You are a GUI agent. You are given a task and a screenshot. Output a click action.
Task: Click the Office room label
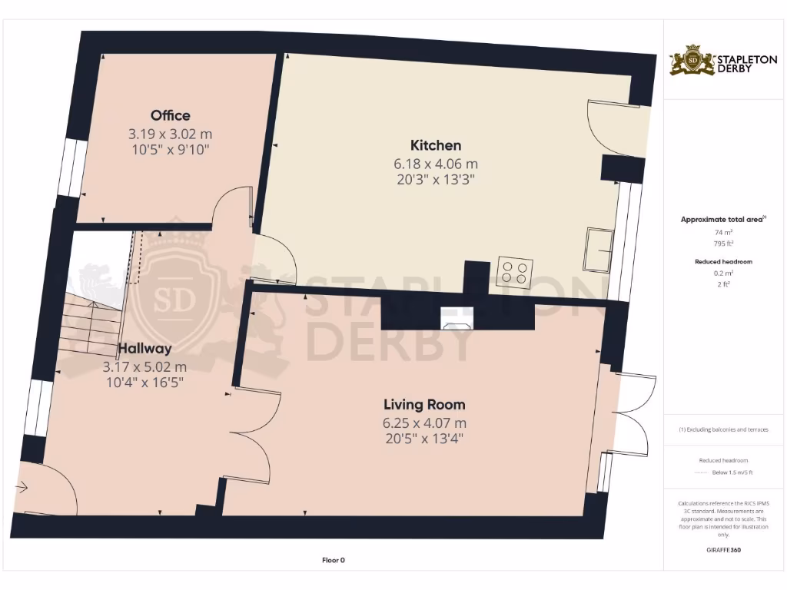click(x=170, y=115)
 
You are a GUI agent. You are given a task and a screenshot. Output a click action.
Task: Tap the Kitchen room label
click(x=436, y=145)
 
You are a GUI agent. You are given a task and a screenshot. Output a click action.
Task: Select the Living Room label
click(x=424, y=404)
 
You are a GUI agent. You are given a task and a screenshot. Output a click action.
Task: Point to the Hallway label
click(x=144, y=349)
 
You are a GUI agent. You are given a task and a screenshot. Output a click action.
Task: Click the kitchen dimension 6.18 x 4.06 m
click(x=436, y=164)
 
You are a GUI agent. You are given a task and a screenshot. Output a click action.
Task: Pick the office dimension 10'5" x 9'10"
click(x=170, y=149)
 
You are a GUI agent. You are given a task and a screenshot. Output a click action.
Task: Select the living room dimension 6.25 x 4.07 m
click(x=424, y=423)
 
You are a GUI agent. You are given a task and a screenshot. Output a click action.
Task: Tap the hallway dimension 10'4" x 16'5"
click(x=144, y=382)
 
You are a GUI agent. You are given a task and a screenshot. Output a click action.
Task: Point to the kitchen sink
click(x=597, y=250)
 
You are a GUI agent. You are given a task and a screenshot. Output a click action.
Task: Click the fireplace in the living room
click(x=457, y=318)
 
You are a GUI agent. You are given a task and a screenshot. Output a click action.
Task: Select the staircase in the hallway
click(x=92, y=323)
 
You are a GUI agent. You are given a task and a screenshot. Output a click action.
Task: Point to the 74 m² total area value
click(x=722, y=232)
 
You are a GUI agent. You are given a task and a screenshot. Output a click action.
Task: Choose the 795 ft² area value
click(x=722, y=244)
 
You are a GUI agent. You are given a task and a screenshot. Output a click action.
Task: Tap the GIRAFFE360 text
click(x=722, y=550)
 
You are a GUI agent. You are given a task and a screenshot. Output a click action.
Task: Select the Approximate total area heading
click(x=721, y=220)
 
